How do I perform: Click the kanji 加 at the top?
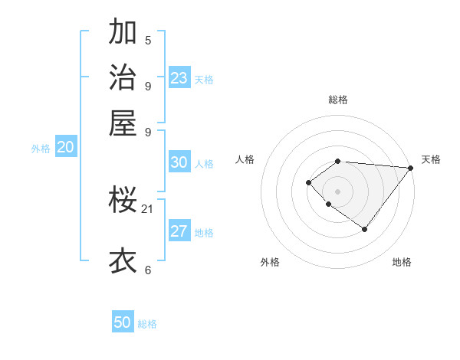tap(123, 32)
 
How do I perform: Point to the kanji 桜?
tap(123, 201)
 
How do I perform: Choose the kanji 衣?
tap(123, 260)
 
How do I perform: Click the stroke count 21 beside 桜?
tap(148, 208)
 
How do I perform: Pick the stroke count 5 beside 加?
tap(148, 41)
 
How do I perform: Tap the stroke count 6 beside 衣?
tap(148, 270)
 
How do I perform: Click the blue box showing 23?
tap(179, 78)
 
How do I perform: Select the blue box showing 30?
tap(179, 162)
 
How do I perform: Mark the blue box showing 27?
tap(179, 232)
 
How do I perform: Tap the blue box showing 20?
tap(65, 148)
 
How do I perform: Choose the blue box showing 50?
tap(123, 322)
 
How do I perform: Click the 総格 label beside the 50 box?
tap(147, 324)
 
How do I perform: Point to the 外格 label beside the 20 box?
tap(41, 149)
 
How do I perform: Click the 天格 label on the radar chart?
tap(431, 159)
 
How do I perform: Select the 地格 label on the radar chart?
tap(402, 262)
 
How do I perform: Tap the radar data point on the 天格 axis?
tap(410, 168)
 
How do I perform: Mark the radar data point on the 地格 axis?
tap(365, 229)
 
